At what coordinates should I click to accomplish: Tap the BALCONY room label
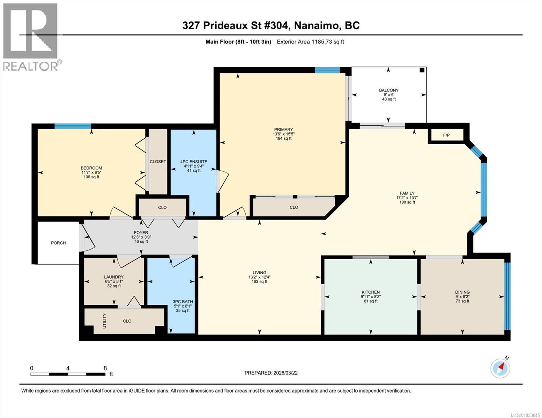click(389, 90)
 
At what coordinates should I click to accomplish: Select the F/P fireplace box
click(446, 135)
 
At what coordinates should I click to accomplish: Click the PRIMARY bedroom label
click(283, 130)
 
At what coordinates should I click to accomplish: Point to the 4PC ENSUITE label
click(194, 162)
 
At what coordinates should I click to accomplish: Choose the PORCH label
click(58, 243)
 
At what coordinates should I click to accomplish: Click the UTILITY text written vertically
click(104, 321)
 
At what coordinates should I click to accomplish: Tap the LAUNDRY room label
click(114, 277)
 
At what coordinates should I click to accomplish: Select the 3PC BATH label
click(183, 302)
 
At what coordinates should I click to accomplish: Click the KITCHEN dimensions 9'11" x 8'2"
click(371, 297)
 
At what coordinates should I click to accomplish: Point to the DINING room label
click(462, 292)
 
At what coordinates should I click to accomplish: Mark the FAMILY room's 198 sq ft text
click(407, 202)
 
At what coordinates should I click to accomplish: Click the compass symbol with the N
click(500, 367)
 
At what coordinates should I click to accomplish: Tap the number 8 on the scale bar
click(105, 368)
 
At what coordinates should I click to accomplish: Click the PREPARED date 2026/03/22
click(285, 373)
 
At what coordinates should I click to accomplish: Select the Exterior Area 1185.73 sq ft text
click(310, 42)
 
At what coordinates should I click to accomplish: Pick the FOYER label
click(141, 232)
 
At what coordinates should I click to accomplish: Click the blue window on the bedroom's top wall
click(73, 126)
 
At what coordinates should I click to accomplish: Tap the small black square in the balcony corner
click(422, 70)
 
